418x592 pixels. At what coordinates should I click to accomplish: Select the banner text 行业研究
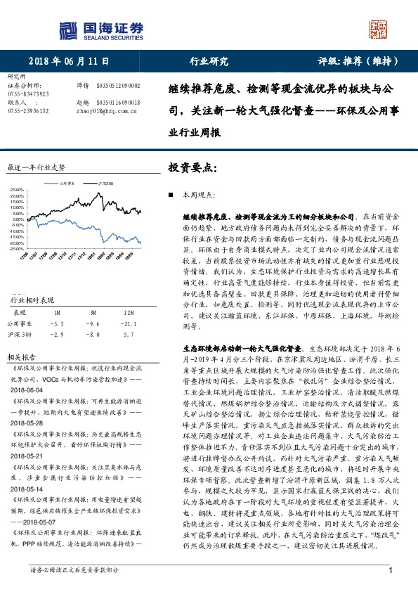209,61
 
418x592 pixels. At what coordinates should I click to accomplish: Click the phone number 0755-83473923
28,94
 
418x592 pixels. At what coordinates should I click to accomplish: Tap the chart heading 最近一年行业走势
36,168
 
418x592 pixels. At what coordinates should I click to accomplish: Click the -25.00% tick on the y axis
16,248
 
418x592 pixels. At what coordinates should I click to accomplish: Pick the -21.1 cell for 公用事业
127,324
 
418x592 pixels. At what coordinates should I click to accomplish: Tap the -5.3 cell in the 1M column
58,324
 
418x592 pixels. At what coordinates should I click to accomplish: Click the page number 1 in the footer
389,570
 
